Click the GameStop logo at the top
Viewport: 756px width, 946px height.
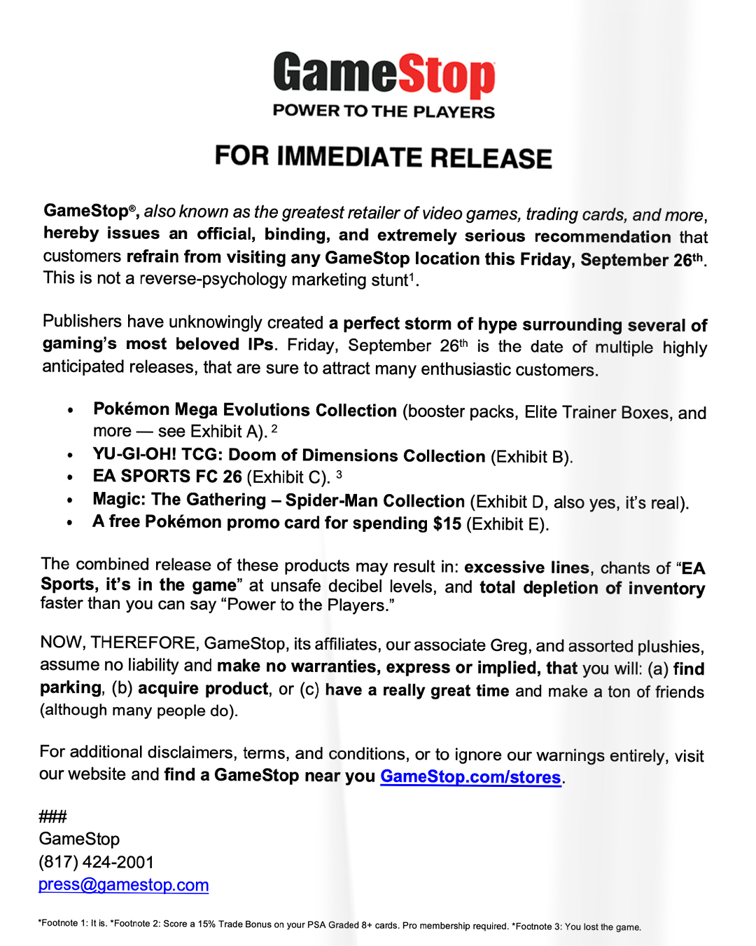[384, 74]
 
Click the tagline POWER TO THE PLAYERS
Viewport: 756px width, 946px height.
[384, 111]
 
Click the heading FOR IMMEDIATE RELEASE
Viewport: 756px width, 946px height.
[384, 158]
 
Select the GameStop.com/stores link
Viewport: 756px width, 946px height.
[470, 777]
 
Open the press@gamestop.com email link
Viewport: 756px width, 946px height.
[123, 885]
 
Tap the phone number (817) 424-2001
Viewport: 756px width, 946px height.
[96, 862]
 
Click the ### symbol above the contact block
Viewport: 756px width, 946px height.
[52, 816]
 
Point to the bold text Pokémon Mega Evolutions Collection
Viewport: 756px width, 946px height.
[245, 410]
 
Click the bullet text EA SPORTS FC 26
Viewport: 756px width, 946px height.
[167, 477]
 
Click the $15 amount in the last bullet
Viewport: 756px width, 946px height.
[447, 523]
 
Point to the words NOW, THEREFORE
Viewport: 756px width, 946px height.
[118, 643]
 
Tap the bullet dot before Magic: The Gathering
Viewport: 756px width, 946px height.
[70, 500]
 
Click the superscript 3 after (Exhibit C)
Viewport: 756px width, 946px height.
[339, 474]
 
